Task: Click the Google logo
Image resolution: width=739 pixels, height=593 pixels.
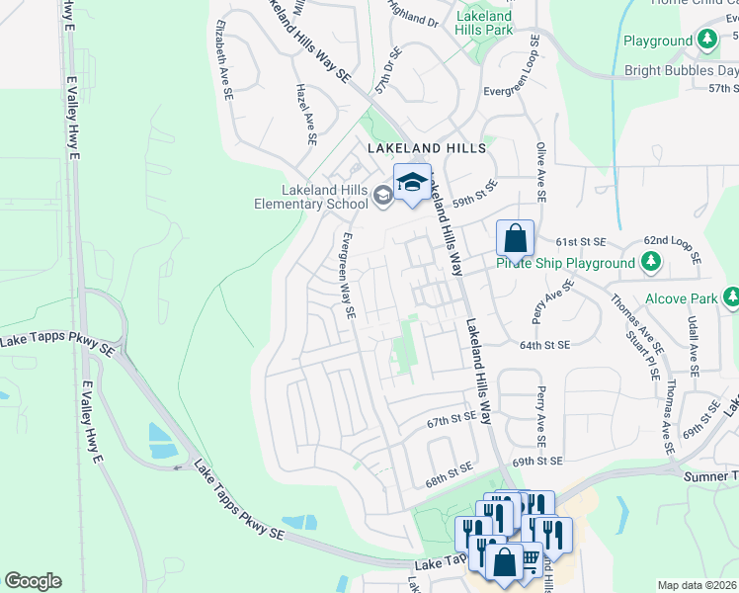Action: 33,581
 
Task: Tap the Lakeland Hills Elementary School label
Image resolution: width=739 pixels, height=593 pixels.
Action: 307,197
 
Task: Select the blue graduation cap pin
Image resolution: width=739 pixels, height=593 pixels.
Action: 412,182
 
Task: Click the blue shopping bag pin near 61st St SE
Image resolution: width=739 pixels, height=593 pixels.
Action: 515,238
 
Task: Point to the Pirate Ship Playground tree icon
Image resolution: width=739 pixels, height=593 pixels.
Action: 650,263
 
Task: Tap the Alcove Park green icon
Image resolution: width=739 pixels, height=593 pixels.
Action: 730,296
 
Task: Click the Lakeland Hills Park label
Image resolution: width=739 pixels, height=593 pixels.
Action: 484,24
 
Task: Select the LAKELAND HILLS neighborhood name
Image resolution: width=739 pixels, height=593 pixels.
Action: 426,148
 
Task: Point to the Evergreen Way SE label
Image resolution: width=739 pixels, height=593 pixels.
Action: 348,275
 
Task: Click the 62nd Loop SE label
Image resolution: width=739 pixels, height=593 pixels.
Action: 671,248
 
